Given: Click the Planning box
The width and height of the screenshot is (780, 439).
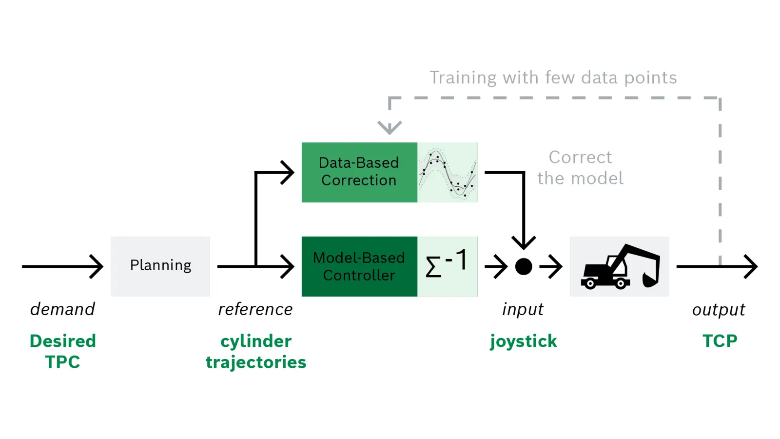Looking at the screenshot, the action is [160, 266].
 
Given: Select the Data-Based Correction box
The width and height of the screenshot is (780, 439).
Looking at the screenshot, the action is [359, 172].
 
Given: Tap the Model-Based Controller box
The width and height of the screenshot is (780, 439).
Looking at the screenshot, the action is [359, 266].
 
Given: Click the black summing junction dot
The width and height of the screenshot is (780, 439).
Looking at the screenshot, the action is [524, 267].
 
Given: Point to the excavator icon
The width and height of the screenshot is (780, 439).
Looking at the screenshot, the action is [620, 266].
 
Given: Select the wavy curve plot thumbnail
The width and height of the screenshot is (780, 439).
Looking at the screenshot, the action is [448, 173].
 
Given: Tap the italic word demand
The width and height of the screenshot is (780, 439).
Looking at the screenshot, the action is [63, 309].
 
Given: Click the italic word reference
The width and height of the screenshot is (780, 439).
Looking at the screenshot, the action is [255, 310].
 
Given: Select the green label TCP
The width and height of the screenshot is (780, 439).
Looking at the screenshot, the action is [720, 341].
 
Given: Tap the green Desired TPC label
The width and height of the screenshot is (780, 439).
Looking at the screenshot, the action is [63, 351].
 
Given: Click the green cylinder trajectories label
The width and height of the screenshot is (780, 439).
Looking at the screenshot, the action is [256, 352].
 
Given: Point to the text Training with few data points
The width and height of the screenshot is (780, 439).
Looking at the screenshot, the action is [553, 78].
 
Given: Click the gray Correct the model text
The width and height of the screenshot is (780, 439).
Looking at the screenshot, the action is [581, 168].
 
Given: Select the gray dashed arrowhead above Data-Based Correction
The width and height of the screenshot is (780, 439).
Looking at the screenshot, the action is [390, 127].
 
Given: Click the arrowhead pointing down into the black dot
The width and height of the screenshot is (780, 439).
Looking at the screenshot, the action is [524, 242].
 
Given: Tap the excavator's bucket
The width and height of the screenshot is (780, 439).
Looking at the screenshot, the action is [650, 280].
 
